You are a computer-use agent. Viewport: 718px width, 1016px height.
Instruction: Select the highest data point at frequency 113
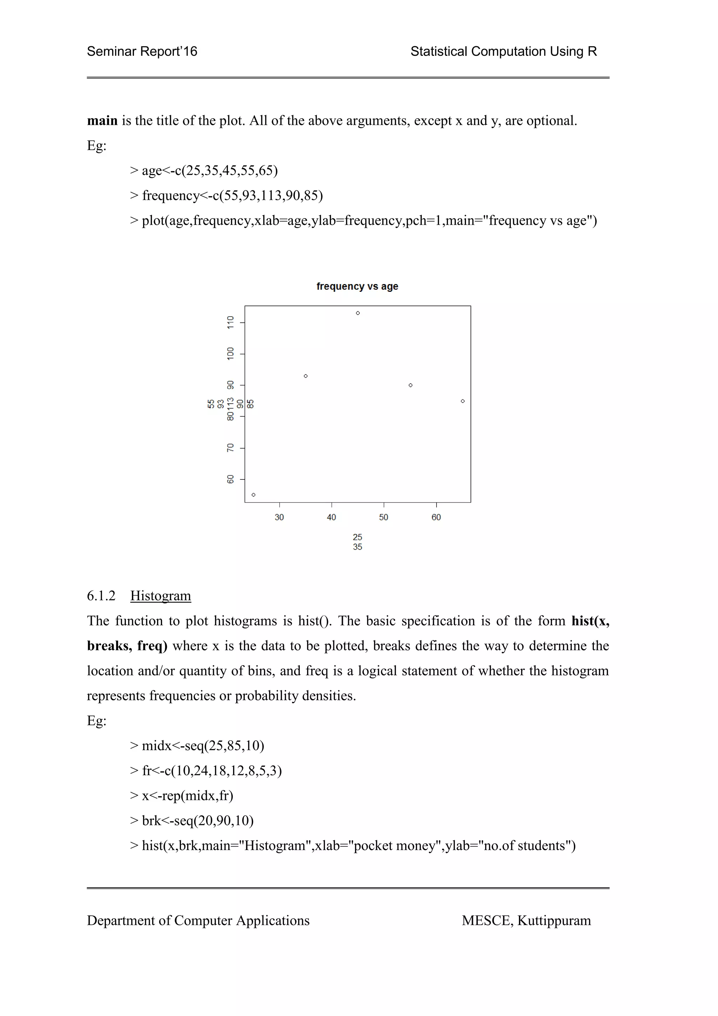click(x=358, y=313)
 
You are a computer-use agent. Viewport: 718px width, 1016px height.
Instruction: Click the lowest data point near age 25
click(x=253, y=495)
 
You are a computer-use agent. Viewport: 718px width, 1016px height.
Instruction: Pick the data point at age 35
click(x=306, y=376)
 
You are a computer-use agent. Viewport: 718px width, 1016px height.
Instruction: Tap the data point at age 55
click(x=411, y=385)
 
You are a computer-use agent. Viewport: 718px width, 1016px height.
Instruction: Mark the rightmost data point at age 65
click(x=463, y=401)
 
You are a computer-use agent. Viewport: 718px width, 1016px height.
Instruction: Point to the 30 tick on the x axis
click(x=279, y=517)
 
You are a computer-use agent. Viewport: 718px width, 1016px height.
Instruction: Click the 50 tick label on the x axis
click(x=384, y=517)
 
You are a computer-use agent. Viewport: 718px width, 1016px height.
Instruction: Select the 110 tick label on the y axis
click(x=230, y=322)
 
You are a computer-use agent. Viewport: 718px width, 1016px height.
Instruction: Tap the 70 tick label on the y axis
click(x=230, y=448)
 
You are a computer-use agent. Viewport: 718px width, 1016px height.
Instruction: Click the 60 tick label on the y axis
click(x=230, y=479)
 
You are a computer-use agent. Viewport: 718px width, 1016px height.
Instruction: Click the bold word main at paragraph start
click(x=102, y=121)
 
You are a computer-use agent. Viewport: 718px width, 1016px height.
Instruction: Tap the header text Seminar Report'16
click(x=142, y=51)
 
